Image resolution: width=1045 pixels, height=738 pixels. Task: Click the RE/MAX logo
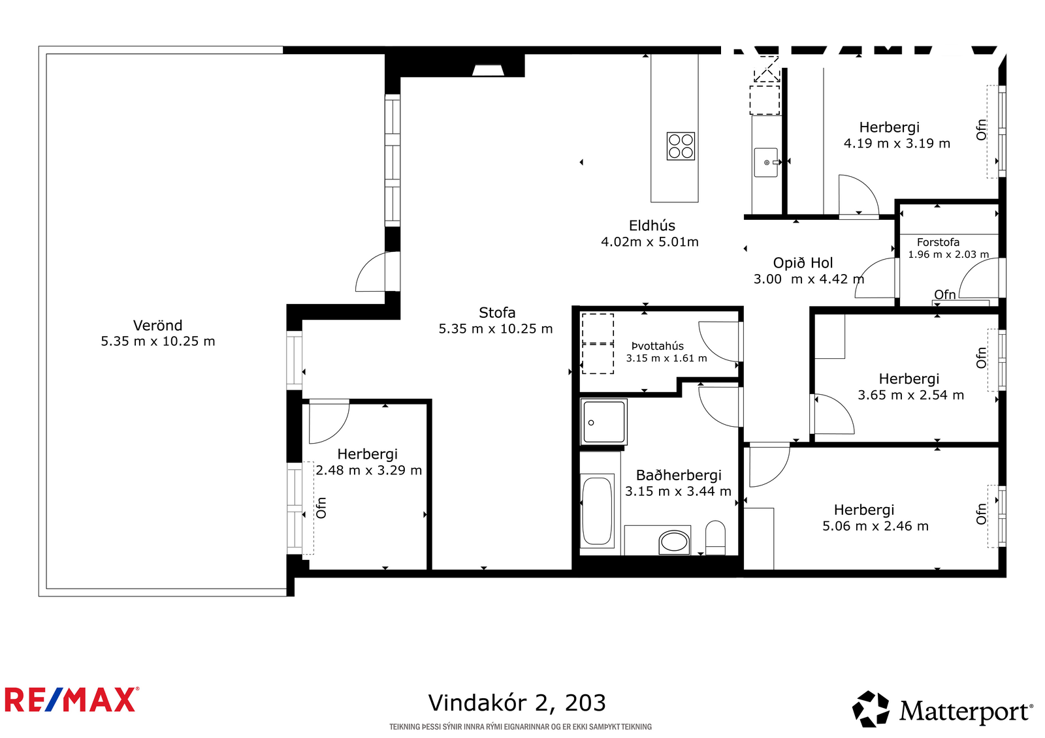tap(72, 700)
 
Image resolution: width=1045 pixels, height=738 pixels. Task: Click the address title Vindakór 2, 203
tap(517, 703)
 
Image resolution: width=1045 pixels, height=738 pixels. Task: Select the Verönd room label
tap(157, 325)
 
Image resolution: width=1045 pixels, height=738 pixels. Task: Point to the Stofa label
tap(497, 313)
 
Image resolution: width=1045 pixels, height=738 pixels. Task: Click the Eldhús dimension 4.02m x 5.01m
tap(649, 242)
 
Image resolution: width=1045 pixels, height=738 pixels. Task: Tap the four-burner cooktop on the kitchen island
tap(681, 146)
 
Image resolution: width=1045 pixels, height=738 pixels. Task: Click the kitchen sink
tap(766, 162)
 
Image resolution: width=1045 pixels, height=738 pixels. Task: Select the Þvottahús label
tap(657, 346)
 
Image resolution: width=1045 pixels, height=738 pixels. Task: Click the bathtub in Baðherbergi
tap(597, 510)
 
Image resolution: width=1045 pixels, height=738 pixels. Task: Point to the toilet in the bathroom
tap(715, 537)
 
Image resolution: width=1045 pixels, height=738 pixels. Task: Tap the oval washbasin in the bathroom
tap(673, 543)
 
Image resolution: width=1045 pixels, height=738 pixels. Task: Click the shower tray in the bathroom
tap(603, 422)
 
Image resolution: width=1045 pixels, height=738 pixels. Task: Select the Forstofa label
tap(938, 242)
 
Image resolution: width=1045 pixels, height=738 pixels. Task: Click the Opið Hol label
tap(803, 263)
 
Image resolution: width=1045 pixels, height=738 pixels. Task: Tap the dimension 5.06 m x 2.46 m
tap(875, 527)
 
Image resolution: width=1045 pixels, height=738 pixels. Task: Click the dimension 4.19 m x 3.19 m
tap(897, 143)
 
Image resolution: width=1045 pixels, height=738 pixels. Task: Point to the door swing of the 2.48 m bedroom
tap(329, 422)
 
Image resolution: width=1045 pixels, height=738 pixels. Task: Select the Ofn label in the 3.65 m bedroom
tap(981, 358)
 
